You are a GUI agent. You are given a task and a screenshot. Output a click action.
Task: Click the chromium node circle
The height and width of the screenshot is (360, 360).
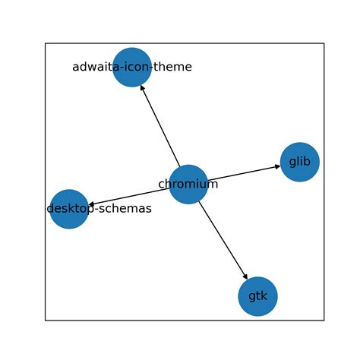tap(188, 185)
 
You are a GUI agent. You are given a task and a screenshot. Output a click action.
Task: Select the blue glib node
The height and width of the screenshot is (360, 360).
tap(299, 162)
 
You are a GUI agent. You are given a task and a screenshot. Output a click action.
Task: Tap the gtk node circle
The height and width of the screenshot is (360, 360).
tap(257, 296)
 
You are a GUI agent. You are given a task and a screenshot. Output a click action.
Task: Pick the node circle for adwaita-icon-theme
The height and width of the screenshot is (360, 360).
tap(132, 68)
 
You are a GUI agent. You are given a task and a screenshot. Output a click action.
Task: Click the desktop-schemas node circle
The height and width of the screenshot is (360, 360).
tap(69, 209)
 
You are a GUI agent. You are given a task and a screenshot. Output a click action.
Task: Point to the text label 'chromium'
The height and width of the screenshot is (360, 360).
tap(188, 185)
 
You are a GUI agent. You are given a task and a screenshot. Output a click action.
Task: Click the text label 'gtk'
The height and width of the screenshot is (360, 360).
tap(257, 296)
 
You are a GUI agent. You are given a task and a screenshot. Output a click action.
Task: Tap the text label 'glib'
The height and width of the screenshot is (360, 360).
tap(299, 162)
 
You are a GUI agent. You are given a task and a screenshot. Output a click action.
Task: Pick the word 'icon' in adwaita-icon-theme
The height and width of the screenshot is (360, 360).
tap(137, 68)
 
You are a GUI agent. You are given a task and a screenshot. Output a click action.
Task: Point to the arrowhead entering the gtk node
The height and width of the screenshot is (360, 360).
tap(245, 276)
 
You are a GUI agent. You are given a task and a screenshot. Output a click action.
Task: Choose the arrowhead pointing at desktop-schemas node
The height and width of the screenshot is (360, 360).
tap(91, 204)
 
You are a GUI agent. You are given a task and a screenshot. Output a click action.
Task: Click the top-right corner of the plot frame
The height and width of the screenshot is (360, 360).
tap(324, 43)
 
